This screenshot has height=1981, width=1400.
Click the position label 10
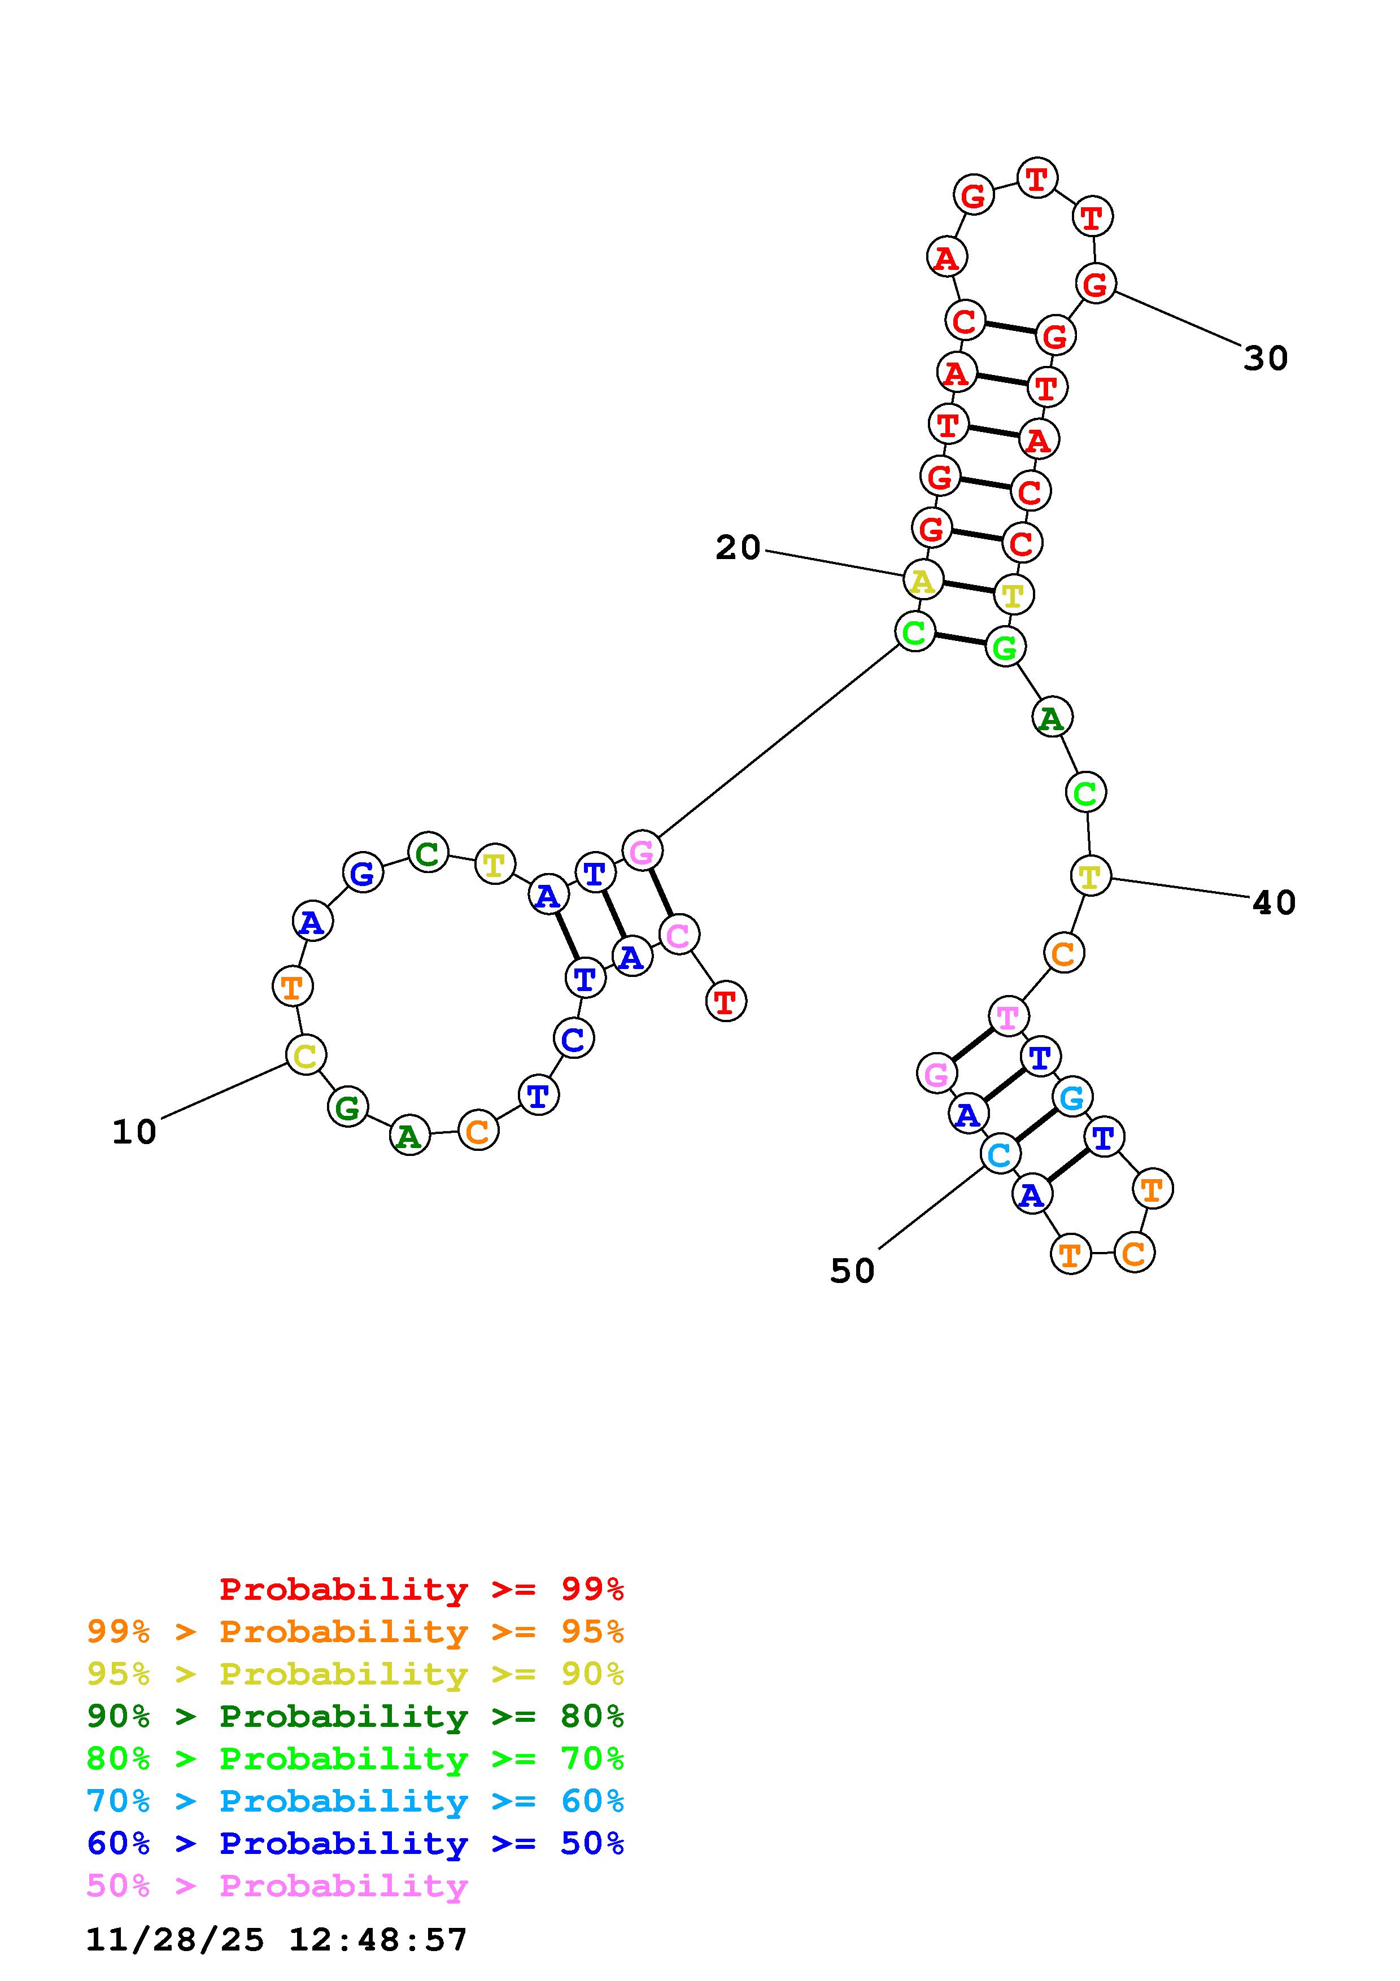tap(134, 1132)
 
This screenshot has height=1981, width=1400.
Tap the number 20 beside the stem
tap(738, 547)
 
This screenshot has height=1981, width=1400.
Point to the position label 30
tap(1266, 358)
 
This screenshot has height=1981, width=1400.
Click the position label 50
tap(852, 1271)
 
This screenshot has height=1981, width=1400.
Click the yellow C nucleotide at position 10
tap(306, 1054)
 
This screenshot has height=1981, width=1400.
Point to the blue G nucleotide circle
tap(363, 872)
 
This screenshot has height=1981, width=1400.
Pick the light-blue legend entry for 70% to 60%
tap(355, 1801)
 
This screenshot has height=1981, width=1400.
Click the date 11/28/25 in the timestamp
tap(175, 1940)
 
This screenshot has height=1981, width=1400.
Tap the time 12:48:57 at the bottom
tap(378, 1940)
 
